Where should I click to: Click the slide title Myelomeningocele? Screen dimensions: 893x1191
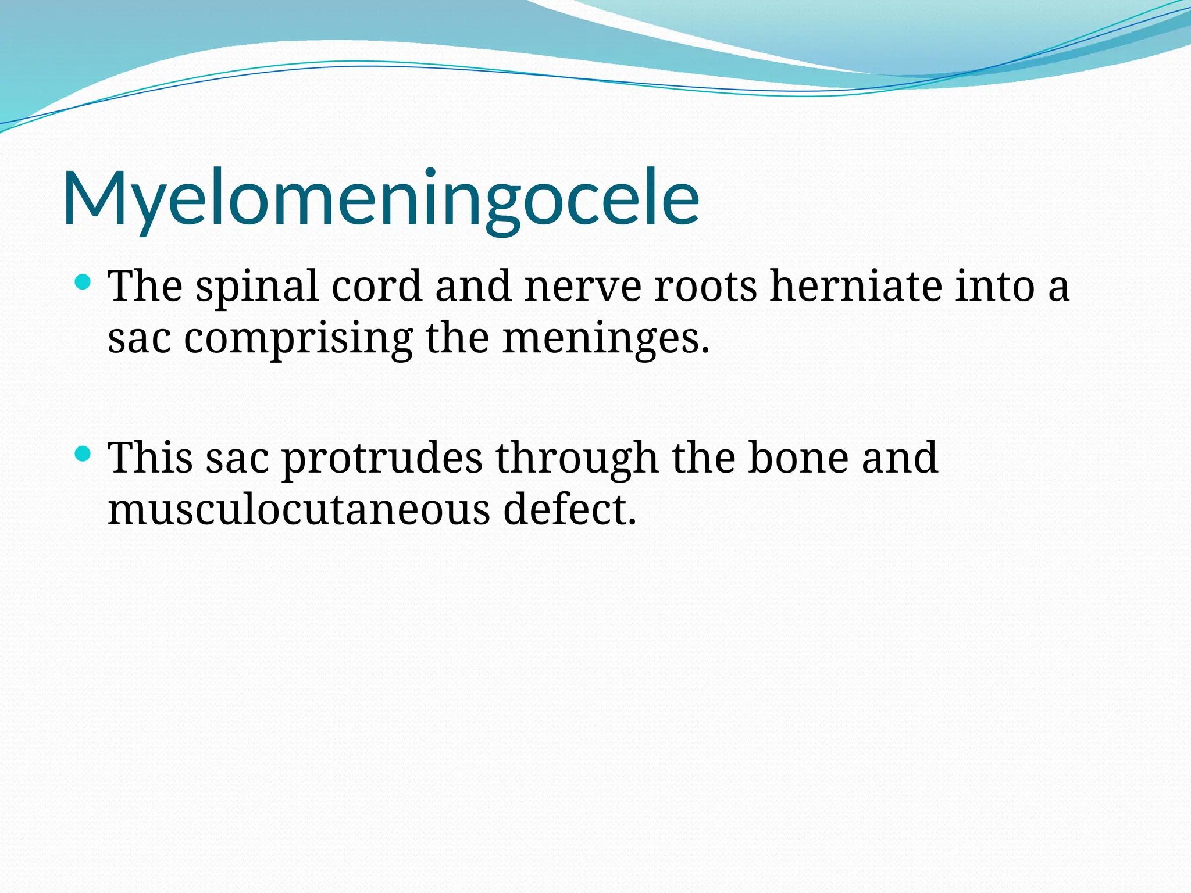click(381, 198)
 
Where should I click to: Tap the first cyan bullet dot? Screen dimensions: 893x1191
click(84, 283)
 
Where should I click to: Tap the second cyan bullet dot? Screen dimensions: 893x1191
click(84, 454)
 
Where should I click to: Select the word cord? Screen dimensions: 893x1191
click(376, 287)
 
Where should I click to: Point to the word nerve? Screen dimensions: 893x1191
click(583, 287)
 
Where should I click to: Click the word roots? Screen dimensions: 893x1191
click(705, 287)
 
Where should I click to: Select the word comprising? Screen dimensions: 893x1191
click(298, 339)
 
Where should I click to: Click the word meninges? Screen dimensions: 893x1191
click(605, 339)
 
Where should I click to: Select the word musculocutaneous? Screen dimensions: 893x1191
click(299, 510)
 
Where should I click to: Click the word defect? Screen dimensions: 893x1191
click(569, 510)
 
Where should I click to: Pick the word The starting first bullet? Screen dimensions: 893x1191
click(145, 287)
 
